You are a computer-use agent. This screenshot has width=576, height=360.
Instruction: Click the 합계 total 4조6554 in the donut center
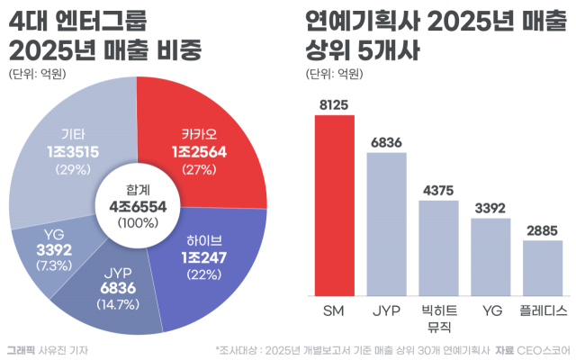click(x=138, y=207)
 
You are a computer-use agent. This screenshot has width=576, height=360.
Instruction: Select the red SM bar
click(x=335, y=206)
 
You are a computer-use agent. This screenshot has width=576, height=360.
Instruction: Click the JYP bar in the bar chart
click(x=386, y=224)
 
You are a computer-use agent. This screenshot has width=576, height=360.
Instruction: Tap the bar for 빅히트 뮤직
click(x=438, y=248)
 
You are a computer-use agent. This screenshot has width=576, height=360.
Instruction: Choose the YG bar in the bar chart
click(x=490, y=257)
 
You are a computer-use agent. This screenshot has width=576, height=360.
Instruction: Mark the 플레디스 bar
click(x=543, y=268)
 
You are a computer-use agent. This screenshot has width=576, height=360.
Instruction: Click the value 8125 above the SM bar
click(x=334, y=105)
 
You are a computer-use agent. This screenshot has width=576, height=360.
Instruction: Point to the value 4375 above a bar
click(x=438, y=190)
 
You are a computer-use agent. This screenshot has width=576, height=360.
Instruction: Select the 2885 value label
click(x=542, y=230)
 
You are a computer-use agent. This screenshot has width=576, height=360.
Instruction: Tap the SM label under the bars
click(x=334, y=311)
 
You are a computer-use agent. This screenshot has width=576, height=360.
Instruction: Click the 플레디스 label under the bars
click(x=543, y=311)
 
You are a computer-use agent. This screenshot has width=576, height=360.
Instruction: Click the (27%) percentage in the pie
click(x=200, y=170)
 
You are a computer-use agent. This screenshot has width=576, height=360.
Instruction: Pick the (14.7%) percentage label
click(x=118, y=304)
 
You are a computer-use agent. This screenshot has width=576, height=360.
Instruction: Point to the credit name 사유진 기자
click(x=63, y=350)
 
